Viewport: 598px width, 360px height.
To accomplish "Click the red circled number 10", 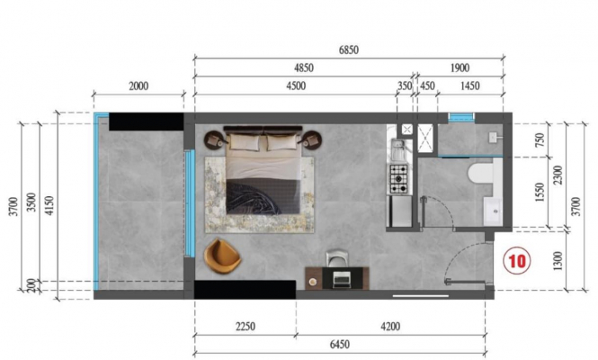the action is [x=517, y=261].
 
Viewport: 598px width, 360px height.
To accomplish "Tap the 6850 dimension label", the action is [x=349, y=50].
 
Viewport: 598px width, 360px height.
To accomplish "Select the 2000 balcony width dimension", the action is [x=138, y=85].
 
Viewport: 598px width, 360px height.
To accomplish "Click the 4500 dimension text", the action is [x=296, y=85].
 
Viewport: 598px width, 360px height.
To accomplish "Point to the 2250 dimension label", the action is [x=245, y=327].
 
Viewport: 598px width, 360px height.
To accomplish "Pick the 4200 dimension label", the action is [x=390, y=327].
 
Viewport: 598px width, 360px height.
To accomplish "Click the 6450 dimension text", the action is [x=339, y=345].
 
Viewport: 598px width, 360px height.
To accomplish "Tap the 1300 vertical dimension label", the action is [x=558, y=261].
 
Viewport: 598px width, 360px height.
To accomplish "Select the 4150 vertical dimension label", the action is [x=49, y=205].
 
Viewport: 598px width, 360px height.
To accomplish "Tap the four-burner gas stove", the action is [x=398, y=178].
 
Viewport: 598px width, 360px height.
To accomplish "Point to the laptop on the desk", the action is [x=340, y=279].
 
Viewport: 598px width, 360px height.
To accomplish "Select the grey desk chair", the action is [x=336, y=258].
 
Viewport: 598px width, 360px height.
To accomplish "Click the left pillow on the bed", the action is [x=244, y=142].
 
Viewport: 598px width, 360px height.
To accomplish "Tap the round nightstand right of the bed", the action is [x=311, y=140].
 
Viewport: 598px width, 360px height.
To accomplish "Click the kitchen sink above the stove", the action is [x=398, y=149].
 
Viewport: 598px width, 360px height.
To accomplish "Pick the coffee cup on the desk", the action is [x=313, y=282].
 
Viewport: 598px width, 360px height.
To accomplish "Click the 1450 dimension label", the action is [x=469, y=85].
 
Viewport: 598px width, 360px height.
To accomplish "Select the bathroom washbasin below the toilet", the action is [x=493, y=211].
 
